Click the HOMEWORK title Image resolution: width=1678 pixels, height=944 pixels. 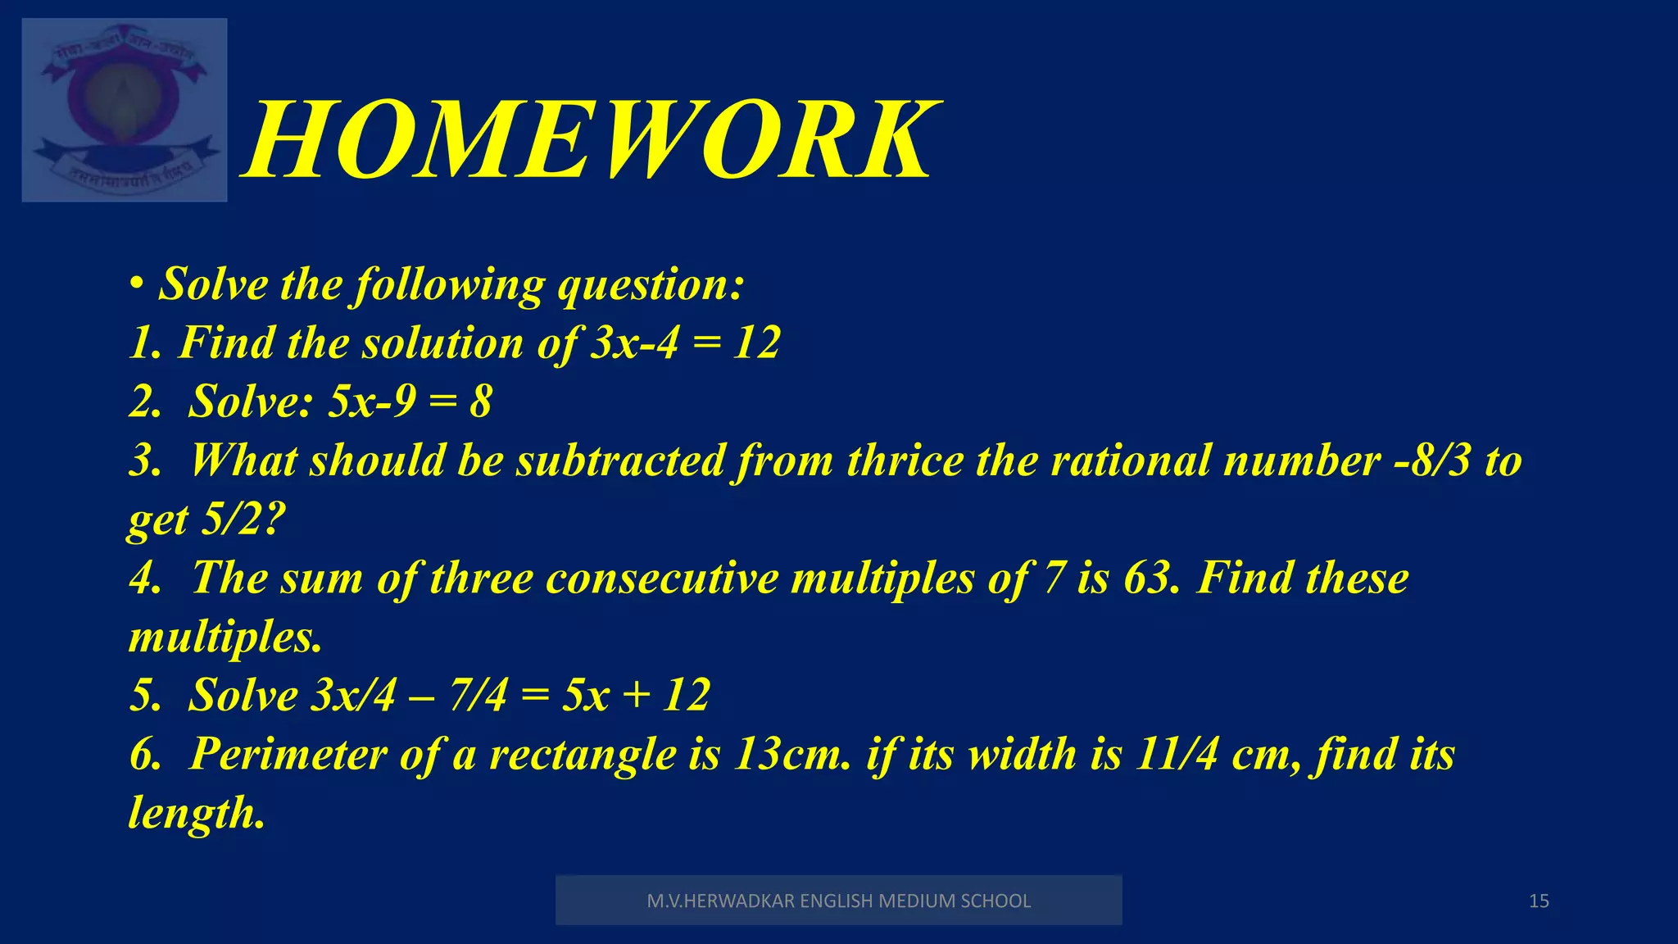click(592, 139)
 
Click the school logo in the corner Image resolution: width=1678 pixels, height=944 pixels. click(125, 110)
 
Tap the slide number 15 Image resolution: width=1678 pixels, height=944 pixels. click(1539, 901)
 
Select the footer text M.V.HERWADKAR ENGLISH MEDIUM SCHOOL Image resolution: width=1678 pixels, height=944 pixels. click(838, 901)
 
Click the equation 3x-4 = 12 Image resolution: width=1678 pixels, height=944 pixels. click(685, 343)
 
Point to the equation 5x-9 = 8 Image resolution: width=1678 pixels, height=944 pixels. click(410, 402)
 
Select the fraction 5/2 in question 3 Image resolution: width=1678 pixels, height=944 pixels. click(238, 520)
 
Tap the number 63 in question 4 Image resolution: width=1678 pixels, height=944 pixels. click(1150, 578)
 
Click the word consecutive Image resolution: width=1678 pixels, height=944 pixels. click(662, 578)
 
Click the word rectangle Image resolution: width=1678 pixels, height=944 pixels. click(582, 754)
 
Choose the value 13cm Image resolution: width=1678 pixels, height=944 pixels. click(791, 754)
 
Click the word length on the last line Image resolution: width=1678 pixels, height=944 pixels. click(197, 813)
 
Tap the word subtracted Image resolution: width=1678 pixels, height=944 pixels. click(619, 461)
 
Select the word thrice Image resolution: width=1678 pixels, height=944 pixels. click(905, 461)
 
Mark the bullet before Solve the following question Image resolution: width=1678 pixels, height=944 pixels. click(137, 285)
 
